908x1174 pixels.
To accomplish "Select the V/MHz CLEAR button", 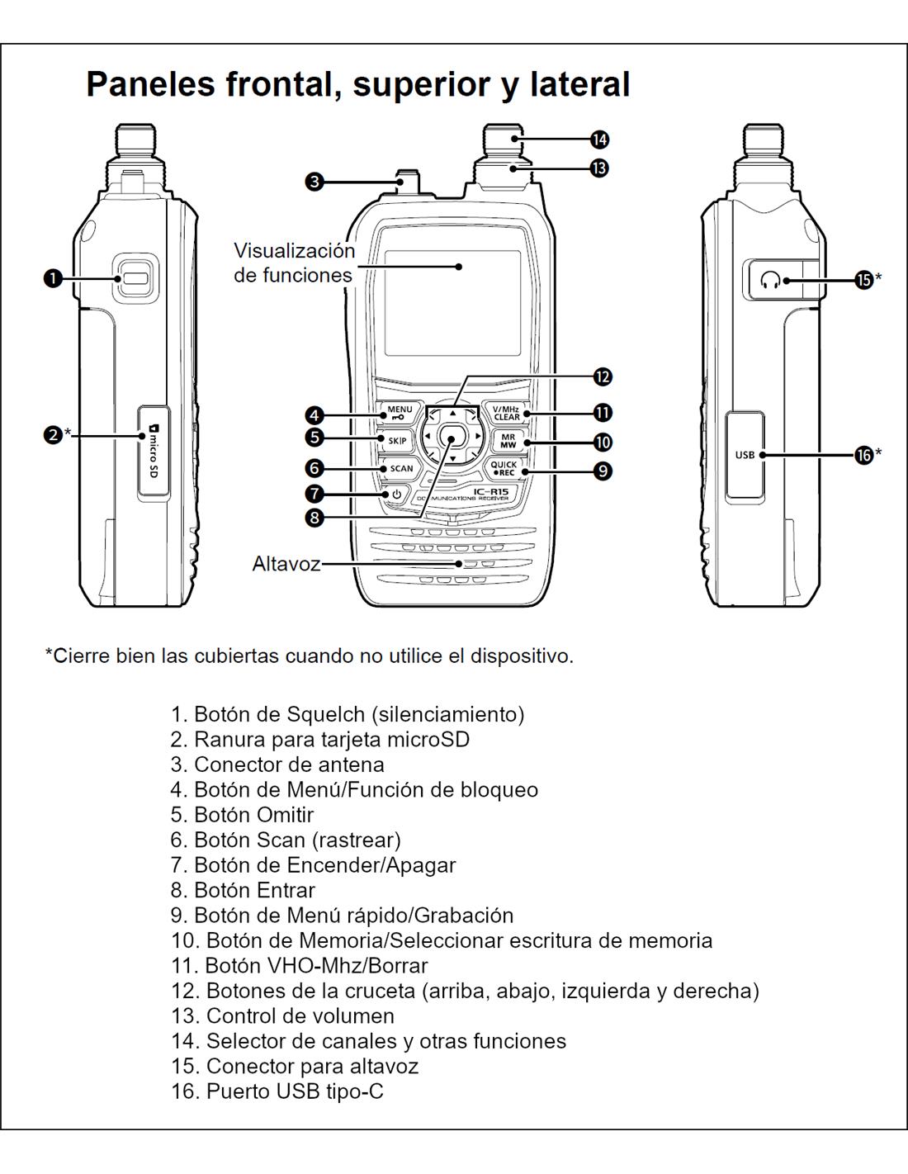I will (x=506, y=413).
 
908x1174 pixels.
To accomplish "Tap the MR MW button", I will (x=508, y=441).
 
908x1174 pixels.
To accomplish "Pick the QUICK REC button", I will (x=503, y=468).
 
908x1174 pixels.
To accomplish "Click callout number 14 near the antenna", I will (x=600, y=140).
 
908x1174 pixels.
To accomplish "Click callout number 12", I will (x=603, y=376).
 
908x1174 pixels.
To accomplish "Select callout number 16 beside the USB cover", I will (x=863, y=454).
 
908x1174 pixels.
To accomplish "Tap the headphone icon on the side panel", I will (x=771, y=281).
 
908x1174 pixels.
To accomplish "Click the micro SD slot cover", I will (x=153, y=451).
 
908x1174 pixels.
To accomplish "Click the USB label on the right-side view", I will (x=745, y=455).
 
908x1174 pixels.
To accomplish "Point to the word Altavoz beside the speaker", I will (x=286, y=565).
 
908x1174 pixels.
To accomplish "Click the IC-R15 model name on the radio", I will (x=490, y=493).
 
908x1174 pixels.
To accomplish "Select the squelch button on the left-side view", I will (x=135, y=278).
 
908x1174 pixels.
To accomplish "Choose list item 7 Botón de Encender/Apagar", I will (x=313, y=864).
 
